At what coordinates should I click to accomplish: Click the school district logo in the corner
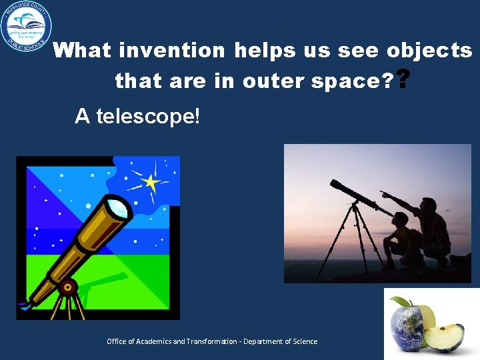point(27,27)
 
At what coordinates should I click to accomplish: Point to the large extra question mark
point(403,80)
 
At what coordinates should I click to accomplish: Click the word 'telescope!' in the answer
point(147,117)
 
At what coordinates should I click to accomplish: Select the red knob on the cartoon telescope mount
point(67,288)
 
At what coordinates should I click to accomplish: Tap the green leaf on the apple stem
point(399,301)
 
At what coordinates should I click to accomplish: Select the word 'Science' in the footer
point(304,341)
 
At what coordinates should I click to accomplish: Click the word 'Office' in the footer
point(116,341)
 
